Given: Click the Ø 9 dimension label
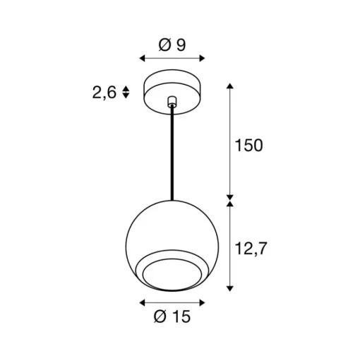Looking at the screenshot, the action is [172, 45].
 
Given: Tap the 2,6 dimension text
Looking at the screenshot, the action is [104, 93].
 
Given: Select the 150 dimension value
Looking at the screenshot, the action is [248, 146].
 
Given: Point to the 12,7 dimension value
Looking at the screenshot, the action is [251, 248].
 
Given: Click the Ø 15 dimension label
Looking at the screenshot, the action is [172, 316].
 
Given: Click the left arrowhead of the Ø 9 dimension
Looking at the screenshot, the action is [142, 58].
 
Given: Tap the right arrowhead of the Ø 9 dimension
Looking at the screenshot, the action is [202, 58].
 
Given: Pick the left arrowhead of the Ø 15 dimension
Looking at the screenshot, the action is [142, 302].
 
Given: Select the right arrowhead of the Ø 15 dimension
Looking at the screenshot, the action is [202, 302].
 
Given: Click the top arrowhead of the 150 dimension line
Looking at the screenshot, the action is [229, 85].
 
